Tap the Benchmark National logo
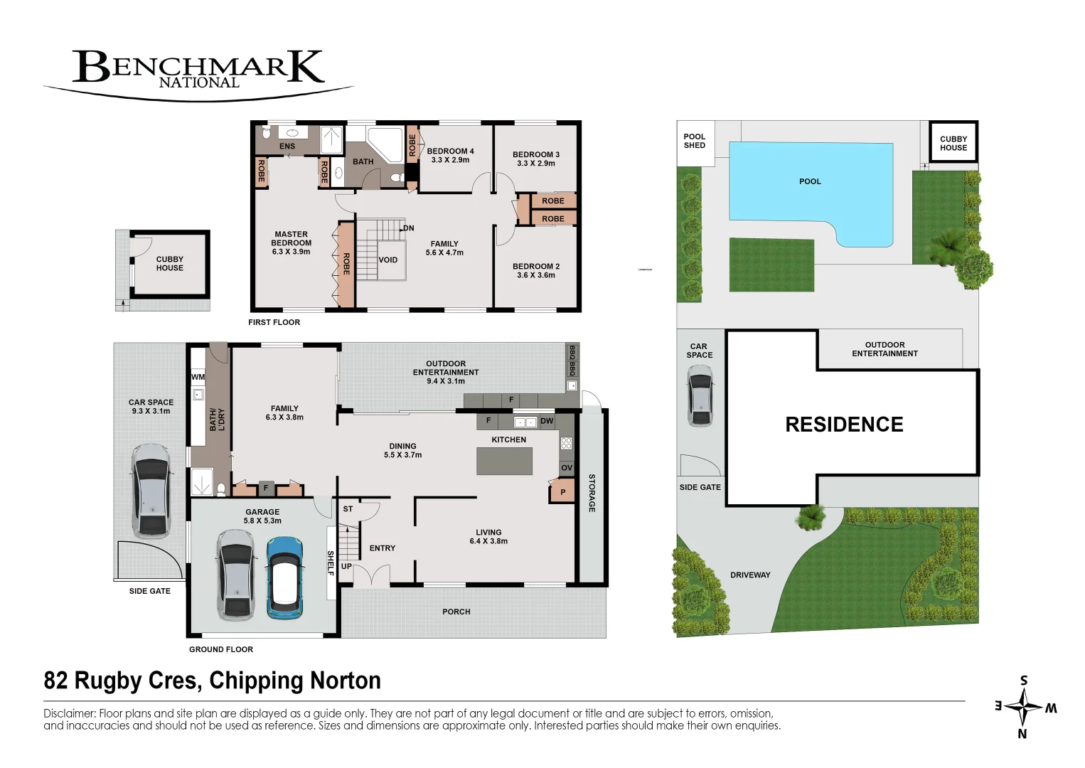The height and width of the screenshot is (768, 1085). [x=198, y=71]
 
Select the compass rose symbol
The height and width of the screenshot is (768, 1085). [x=1023, y=707]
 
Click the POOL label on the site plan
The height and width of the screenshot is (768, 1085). [x=810, y=181]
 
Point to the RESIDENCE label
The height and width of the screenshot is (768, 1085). [x=844, y=425]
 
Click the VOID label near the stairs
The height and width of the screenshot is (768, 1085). [x=388, y=260]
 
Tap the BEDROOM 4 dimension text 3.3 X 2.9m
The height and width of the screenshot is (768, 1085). [x=450, y=160]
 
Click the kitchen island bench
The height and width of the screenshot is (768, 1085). [x=504, y=461]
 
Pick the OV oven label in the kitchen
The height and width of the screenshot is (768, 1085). [x=567, y=468]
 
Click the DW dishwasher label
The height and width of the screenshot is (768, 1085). [x=547, y=421]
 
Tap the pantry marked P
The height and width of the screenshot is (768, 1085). [x=562, y=492]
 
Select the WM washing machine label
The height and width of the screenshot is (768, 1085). [x=198, y=377]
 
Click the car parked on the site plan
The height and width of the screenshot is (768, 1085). [x=700, y=395]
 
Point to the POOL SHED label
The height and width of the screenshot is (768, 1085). [x=695, y=141]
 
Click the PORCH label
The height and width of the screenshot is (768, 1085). [x=456, y=612]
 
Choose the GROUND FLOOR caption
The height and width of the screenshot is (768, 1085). [x=221, y=649]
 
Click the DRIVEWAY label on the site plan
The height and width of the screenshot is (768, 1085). [x=750, y=575]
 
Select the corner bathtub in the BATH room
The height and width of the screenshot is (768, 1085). [x=384, y=144]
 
